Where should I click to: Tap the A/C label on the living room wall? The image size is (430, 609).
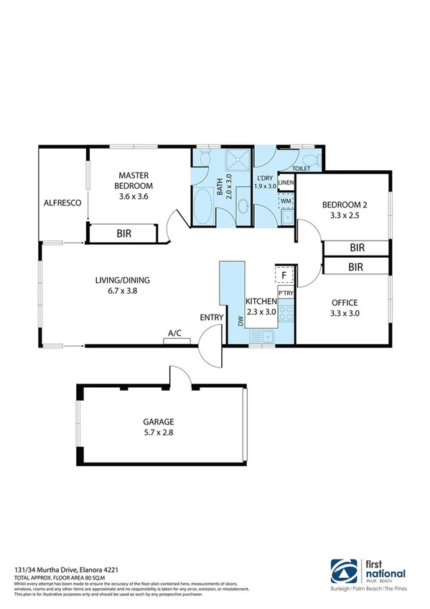pos(174,333)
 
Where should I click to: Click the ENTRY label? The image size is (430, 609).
pos(210,317)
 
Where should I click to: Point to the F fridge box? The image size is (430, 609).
pos(284,275)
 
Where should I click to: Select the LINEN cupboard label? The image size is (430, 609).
pos(286,184)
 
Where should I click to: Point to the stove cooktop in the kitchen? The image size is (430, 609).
pos(284,313)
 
